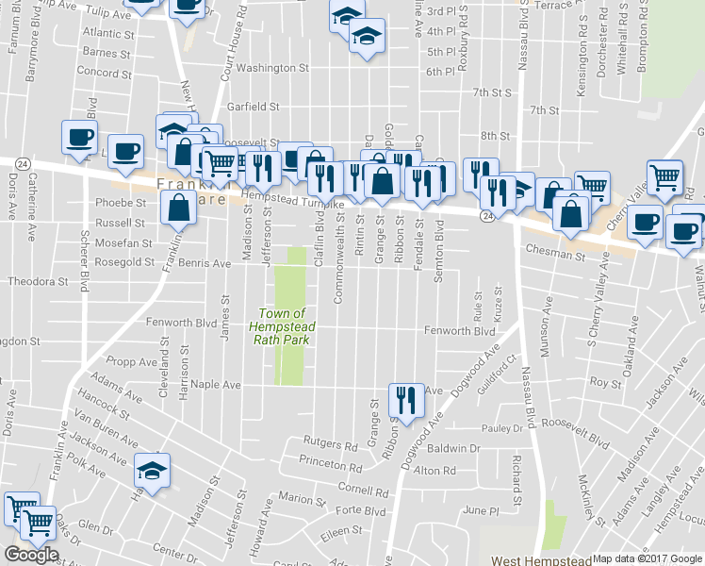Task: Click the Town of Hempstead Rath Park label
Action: point(282,326)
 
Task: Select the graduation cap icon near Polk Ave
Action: point(152,469)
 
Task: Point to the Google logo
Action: point(31,555)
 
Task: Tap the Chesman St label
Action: point(549,254)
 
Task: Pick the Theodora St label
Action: point(39,281)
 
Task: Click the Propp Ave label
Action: point(134,361)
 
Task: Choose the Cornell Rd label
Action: point(364,491)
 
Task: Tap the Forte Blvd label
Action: point(362,511)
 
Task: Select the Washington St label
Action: point(272,68)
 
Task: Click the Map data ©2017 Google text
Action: point(647,558)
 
